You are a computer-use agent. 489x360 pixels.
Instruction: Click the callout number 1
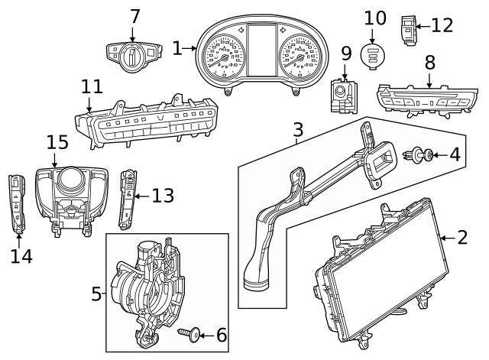[x=177, y=48]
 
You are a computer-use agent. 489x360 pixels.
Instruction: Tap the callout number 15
[x=57, y=143]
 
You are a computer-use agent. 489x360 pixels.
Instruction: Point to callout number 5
[x=96, y=294]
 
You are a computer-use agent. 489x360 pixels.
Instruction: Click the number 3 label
[x=299, y=131]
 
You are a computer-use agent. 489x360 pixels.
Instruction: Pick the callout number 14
[x=21, y=256]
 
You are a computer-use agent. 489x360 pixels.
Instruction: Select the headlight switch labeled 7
[x=133, y=54]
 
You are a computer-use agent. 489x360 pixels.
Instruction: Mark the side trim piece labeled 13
[x=128, y=199]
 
